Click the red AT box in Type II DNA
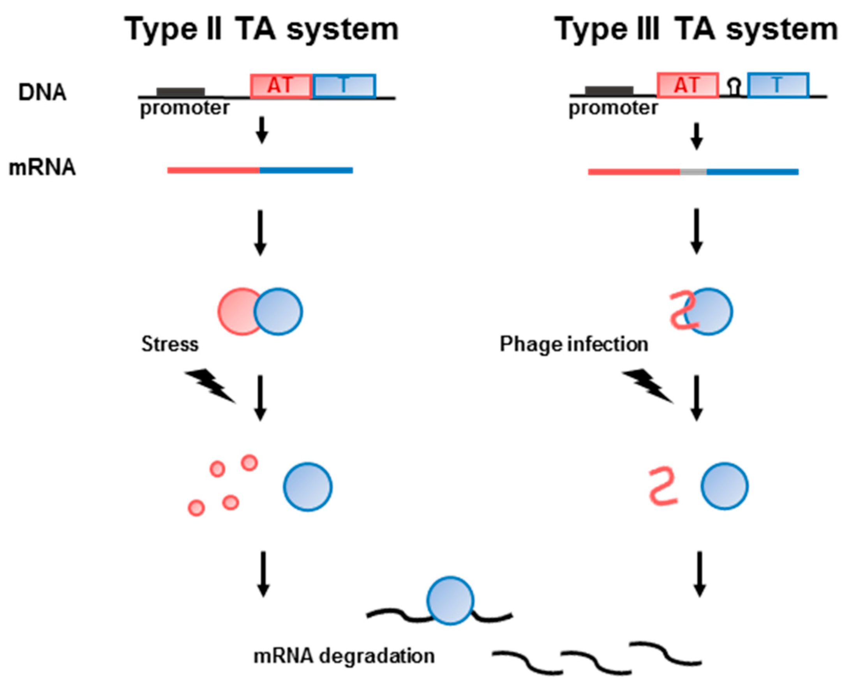280,86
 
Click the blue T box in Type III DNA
778,85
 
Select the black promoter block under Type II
180,92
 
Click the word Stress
170,344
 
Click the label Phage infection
574,344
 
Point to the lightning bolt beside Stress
210,385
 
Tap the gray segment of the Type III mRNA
693,172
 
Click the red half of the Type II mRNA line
213,170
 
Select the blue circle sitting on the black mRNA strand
450,600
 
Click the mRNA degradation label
344,656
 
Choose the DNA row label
42,92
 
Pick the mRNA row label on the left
42,168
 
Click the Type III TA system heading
696,30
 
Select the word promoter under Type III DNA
613,108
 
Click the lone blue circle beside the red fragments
308,487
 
